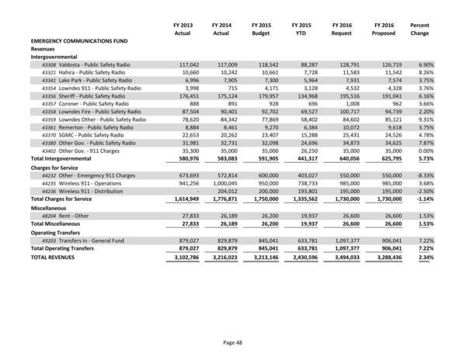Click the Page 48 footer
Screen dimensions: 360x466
click(233, 342)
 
